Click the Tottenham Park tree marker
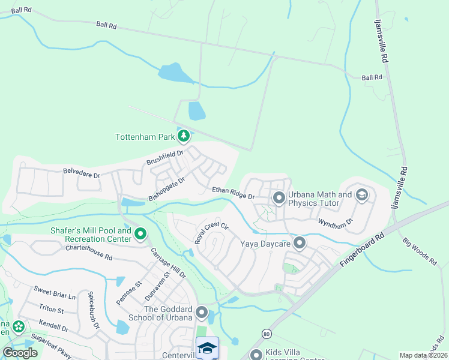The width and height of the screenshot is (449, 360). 184,137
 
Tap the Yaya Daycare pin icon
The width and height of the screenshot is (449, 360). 300,243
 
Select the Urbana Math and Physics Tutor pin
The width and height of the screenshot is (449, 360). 279,197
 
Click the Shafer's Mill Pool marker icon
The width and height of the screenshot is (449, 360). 140,234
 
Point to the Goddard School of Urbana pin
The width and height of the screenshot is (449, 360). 202,313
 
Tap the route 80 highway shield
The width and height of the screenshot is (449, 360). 265,334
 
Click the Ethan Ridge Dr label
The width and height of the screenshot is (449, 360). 234,193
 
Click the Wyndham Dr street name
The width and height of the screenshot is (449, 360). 336,223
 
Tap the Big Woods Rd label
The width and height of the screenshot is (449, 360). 420,251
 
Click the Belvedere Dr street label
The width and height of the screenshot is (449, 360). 81,173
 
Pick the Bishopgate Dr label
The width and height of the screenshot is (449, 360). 166,188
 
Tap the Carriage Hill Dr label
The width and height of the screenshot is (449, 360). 168,263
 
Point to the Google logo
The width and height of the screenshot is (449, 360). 20,353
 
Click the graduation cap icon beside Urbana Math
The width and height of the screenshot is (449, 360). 362,195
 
